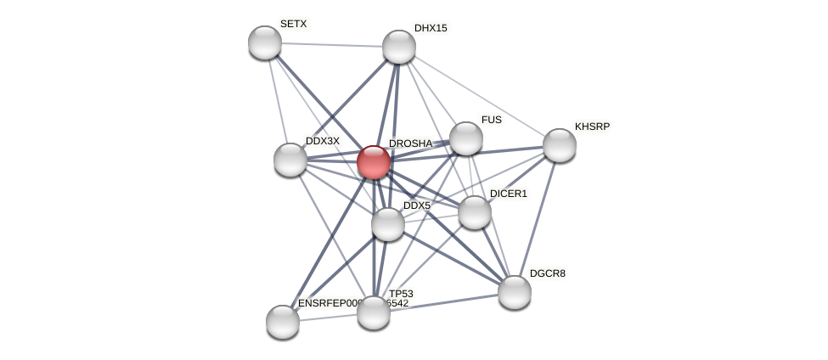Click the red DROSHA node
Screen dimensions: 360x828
point(373,162)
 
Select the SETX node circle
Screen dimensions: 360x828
point(265,42)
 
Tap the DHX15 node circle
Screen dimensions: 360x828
point(399,47)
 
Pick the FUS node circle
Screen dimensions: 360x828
point(465,138)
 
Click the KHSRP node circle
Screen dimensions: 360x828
point(559,145)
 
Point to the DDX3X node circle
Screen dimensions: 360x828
point(290,160)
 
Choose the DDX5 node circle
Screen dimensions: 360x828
point(388,224)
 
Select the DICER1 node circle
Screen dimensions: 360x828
point(475,212)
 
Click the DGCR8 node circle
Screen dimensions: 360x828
point(515,292)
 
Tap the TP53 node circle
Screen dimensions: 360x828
point(374,312)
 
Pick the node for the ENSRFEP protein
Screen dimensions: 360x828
point(283,322)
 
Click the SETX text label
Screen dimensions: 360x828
point(293,24)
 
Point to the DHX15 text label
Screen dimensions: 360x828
point(430,28)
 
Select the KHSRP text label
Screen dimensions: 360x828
point(592,127)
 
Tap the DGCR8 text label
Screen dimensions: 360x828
point(547,273)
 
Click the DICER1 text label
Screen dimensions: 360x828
point(508,194)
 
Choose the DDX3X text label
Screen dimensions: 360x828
point(322,141)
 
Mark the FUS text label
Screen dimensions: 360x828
point(491,120)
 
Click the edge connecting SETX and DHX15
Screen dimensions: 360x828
point(331,44)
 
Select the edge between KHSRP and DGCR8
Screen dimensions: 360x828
point(537,218)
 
